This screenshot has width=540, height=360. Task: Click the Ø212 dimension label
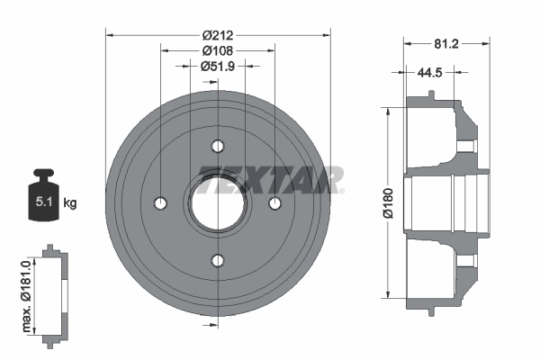click(x=219, y=35)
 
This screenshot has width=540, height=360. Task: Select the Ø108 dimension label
click(x=219, y=50)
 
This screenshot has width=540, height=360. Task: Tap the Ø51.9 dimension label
click(x=219, y=66)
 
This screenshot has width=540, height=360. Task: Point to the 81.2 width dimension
click(x=447, y=41)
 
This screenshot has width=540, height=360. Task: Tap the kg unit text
click(x=70, y=203)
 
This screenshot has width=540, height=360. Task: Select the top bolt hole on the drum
click(x=218, y=146)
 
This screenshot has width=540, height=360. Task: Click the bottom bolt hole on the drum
click(x=218, y=261)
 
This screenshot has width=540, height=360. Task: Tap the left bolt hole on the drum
click(x=160, y=203)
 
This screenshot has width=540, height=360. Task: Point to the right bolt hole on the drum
click(x=275, y=203)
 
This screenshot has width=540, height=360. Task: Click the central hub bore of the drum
click(x=218, y=203)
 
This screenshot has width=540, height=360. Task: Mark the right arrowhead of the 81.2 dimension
click(x=488, y=41)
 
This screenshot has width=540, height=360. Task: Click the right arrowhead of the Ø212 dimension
click(x=327, y=35)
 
